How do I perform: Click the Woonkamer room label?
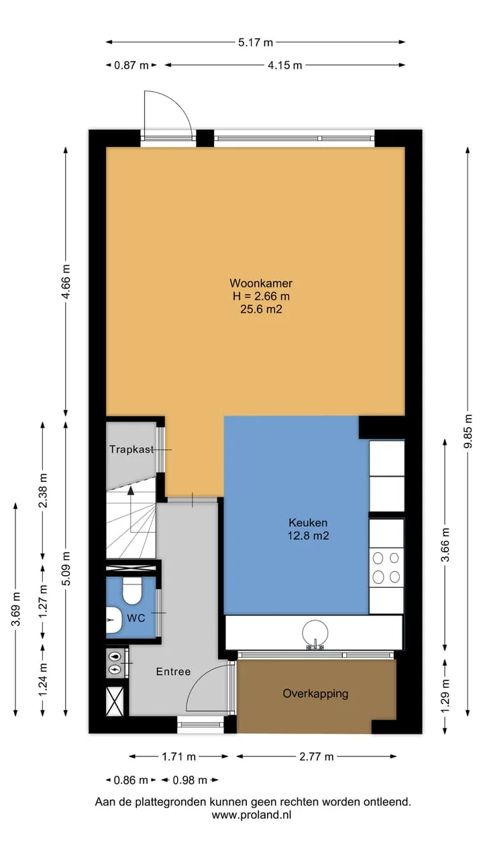[261, 283]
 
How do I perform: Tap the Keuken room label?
[308, 523]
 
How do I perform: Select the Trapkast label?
[131, 449]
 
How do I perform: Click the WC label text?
[136, 618]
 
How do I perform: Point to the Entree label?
[173, 672]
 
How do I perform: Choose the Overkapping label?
[315, 693]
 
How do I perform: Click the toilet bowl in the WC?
[132, 591]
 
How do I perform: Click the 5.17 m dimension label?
[256, 42]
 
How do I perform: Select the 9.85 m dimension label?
[468, 431]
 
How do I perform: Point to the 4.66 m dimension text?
[66, 282]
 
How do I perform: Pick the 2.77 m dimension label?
[316, 756]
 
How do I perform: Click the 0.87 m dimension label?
[131, 66]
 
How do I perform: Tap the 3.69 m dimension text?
[15, 609]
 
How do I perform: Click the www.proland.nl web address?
[252, 815]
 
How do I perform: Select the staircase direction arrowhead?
[131, 491]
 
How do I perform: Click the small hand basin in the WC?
[114, 619]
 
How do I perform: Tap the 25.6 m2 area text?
[261, 309]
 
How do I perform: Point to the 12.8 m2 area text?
[308, 536]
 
